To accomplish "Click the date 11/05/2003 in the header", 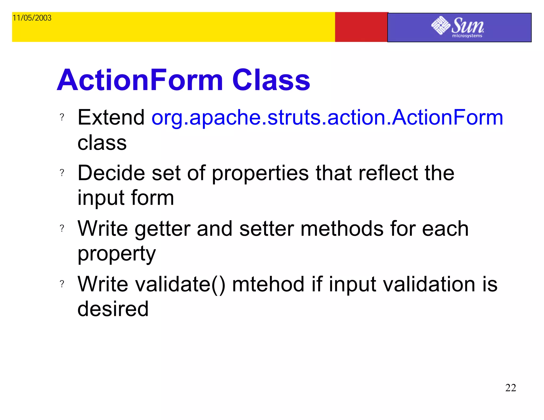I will (x=32, y=18).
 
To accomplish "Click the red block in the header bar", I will (x=361, y=27).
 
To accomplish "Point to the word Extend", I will (x=111, y=117).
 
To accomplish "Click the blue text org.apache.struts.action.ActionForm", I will (x=327, y=117).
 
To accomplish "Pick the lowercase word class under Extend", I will (x=102, y=143).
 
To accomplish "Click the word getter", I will (x=163, y=229).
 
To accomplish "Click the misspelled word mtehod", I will (x=268, y=284).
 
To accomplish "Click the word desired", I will (x=113, y=309).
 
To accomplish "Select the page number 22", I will (x=510, y=388).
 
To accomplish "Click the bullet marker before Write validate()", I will (x=62, y=284).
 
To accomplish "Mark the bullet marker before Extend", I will (x=62, y=117).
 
